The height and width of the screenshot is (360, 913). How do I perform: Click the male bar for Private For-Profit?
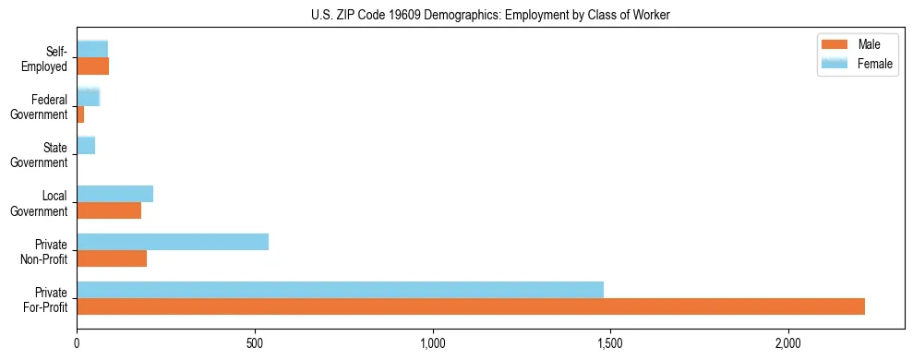pyautogui.click(x=471, y=306)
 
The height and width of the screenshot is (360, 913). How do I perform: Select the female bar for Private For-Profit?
pyautogui.click(x=340, y=290)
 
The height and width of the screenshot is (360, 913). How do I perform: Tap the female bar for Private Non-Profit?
pyautogui.click(x=173, y=242)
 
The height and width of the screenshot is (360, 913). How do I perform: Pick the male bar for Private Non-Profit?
pyautogui.click(x=112, y=258)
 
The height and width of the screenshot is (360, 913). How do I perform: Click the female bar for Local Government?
pyautogui.click(x=114, y=194)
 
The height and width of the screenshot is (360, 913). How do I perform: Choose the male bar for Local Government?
pyautogui.click(x=109, y=210)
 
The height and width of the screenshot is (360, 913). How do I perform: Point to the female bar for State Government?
pyautogui.click(x=86, y=145)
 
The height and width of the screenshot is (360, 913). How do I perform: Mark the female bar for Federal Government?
pyautogui.click(x=88, y=97)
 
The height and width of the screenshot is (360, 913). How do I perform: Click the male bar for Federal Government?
pyautogui.click(x=80, y=114)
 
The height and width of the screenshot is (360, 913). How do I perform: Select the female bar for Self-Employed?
pyautogui.click(x=92, y=49)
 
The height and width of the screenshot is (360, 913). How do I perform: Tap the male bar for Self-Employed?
pyautogui.click(x=92, y=66)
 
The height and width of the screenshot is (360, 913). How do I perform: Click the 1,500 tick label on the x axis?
pyautogui.click(x=610, y=343)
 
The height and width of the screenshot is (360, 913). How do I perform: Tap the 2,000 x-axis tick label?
pyautogui.click(x=788, y=343)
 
